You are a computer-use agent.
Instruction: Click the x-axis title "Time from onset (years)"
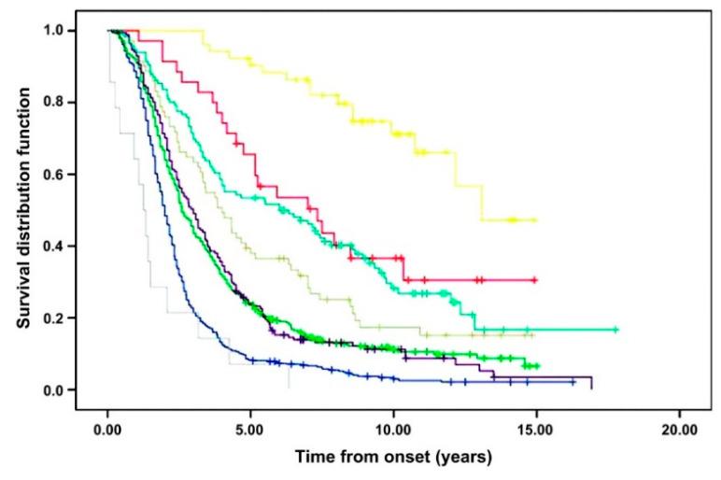coord(393,458)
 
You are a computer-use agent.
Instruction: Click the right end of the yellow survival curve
coord(536,220)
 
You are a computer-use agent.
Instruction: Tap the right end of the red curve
coord(536,280)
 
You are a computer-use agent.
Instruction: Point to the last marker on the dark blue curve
coord(573,382)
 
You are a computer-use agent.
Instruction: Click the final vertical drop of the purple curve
coord(592,383)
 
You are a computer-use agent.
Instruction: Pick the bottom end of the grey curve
coord(289,388)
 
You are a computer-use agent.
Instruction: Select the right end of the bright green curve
coord(539,366)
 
